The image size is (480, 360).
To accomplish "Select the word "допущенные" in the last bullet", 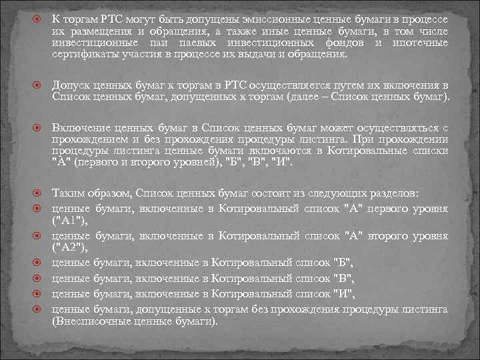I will [167, 309].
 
